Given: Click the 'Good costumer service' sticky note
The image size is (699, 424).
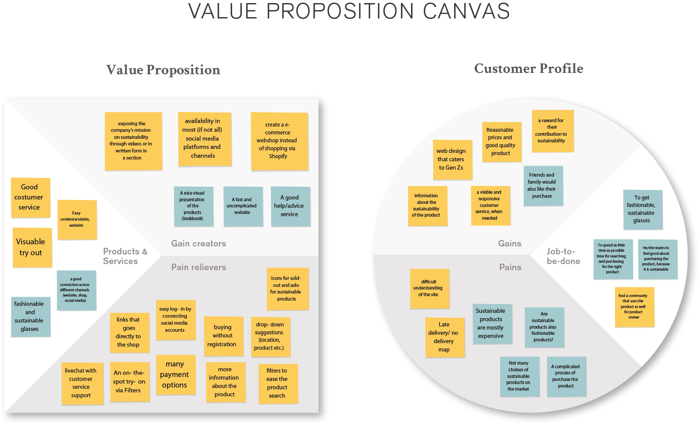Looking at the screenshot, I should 30,198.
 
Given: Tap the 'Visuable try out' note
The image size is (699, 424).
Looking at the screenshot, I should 32,247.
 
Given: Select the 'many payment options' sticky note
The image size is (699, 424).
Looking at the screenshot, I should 175,375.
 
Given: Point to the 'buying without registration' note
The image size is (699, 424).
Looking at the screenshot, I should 223,336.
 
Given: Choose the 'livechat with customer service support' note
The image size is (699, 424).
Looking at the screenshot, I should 82,384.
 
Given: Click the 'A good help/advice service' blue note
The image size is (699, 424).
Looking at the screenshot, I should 290,206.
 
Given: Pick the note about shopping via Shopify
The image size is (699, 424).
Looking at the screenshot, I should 279,141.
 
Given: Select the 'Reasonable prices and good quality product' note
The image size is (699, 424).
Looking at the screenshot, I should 501,142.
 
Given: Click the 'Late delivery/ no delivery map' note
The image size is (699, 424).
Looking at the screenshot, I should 444,337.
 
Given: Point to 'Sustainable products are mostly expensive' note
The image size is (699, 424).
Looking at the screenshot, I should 492,324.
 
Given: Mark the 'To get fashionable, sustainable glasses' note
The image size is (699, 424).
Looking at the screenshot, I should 642,210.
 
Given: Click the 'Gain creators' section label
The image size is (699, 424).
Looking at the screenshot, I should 199,243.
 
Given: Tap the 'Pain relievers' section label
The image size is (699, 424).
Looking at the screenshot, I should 199,267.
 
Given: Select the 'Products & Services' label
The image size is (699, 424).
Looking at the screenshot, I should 125,256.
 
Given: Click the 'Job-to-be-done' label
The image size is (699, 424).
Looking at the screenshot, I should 563,256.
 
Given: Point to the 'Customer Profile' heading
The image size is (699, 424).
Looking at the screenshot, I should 528,69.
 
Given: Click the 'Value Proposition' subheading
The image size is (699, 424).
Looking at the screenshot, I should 163,70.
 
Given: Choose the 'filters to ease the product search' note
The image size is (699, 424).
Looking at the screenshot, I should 278,384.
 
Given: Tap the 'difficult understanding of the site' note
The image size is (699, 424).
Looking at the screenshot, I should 430,289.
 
